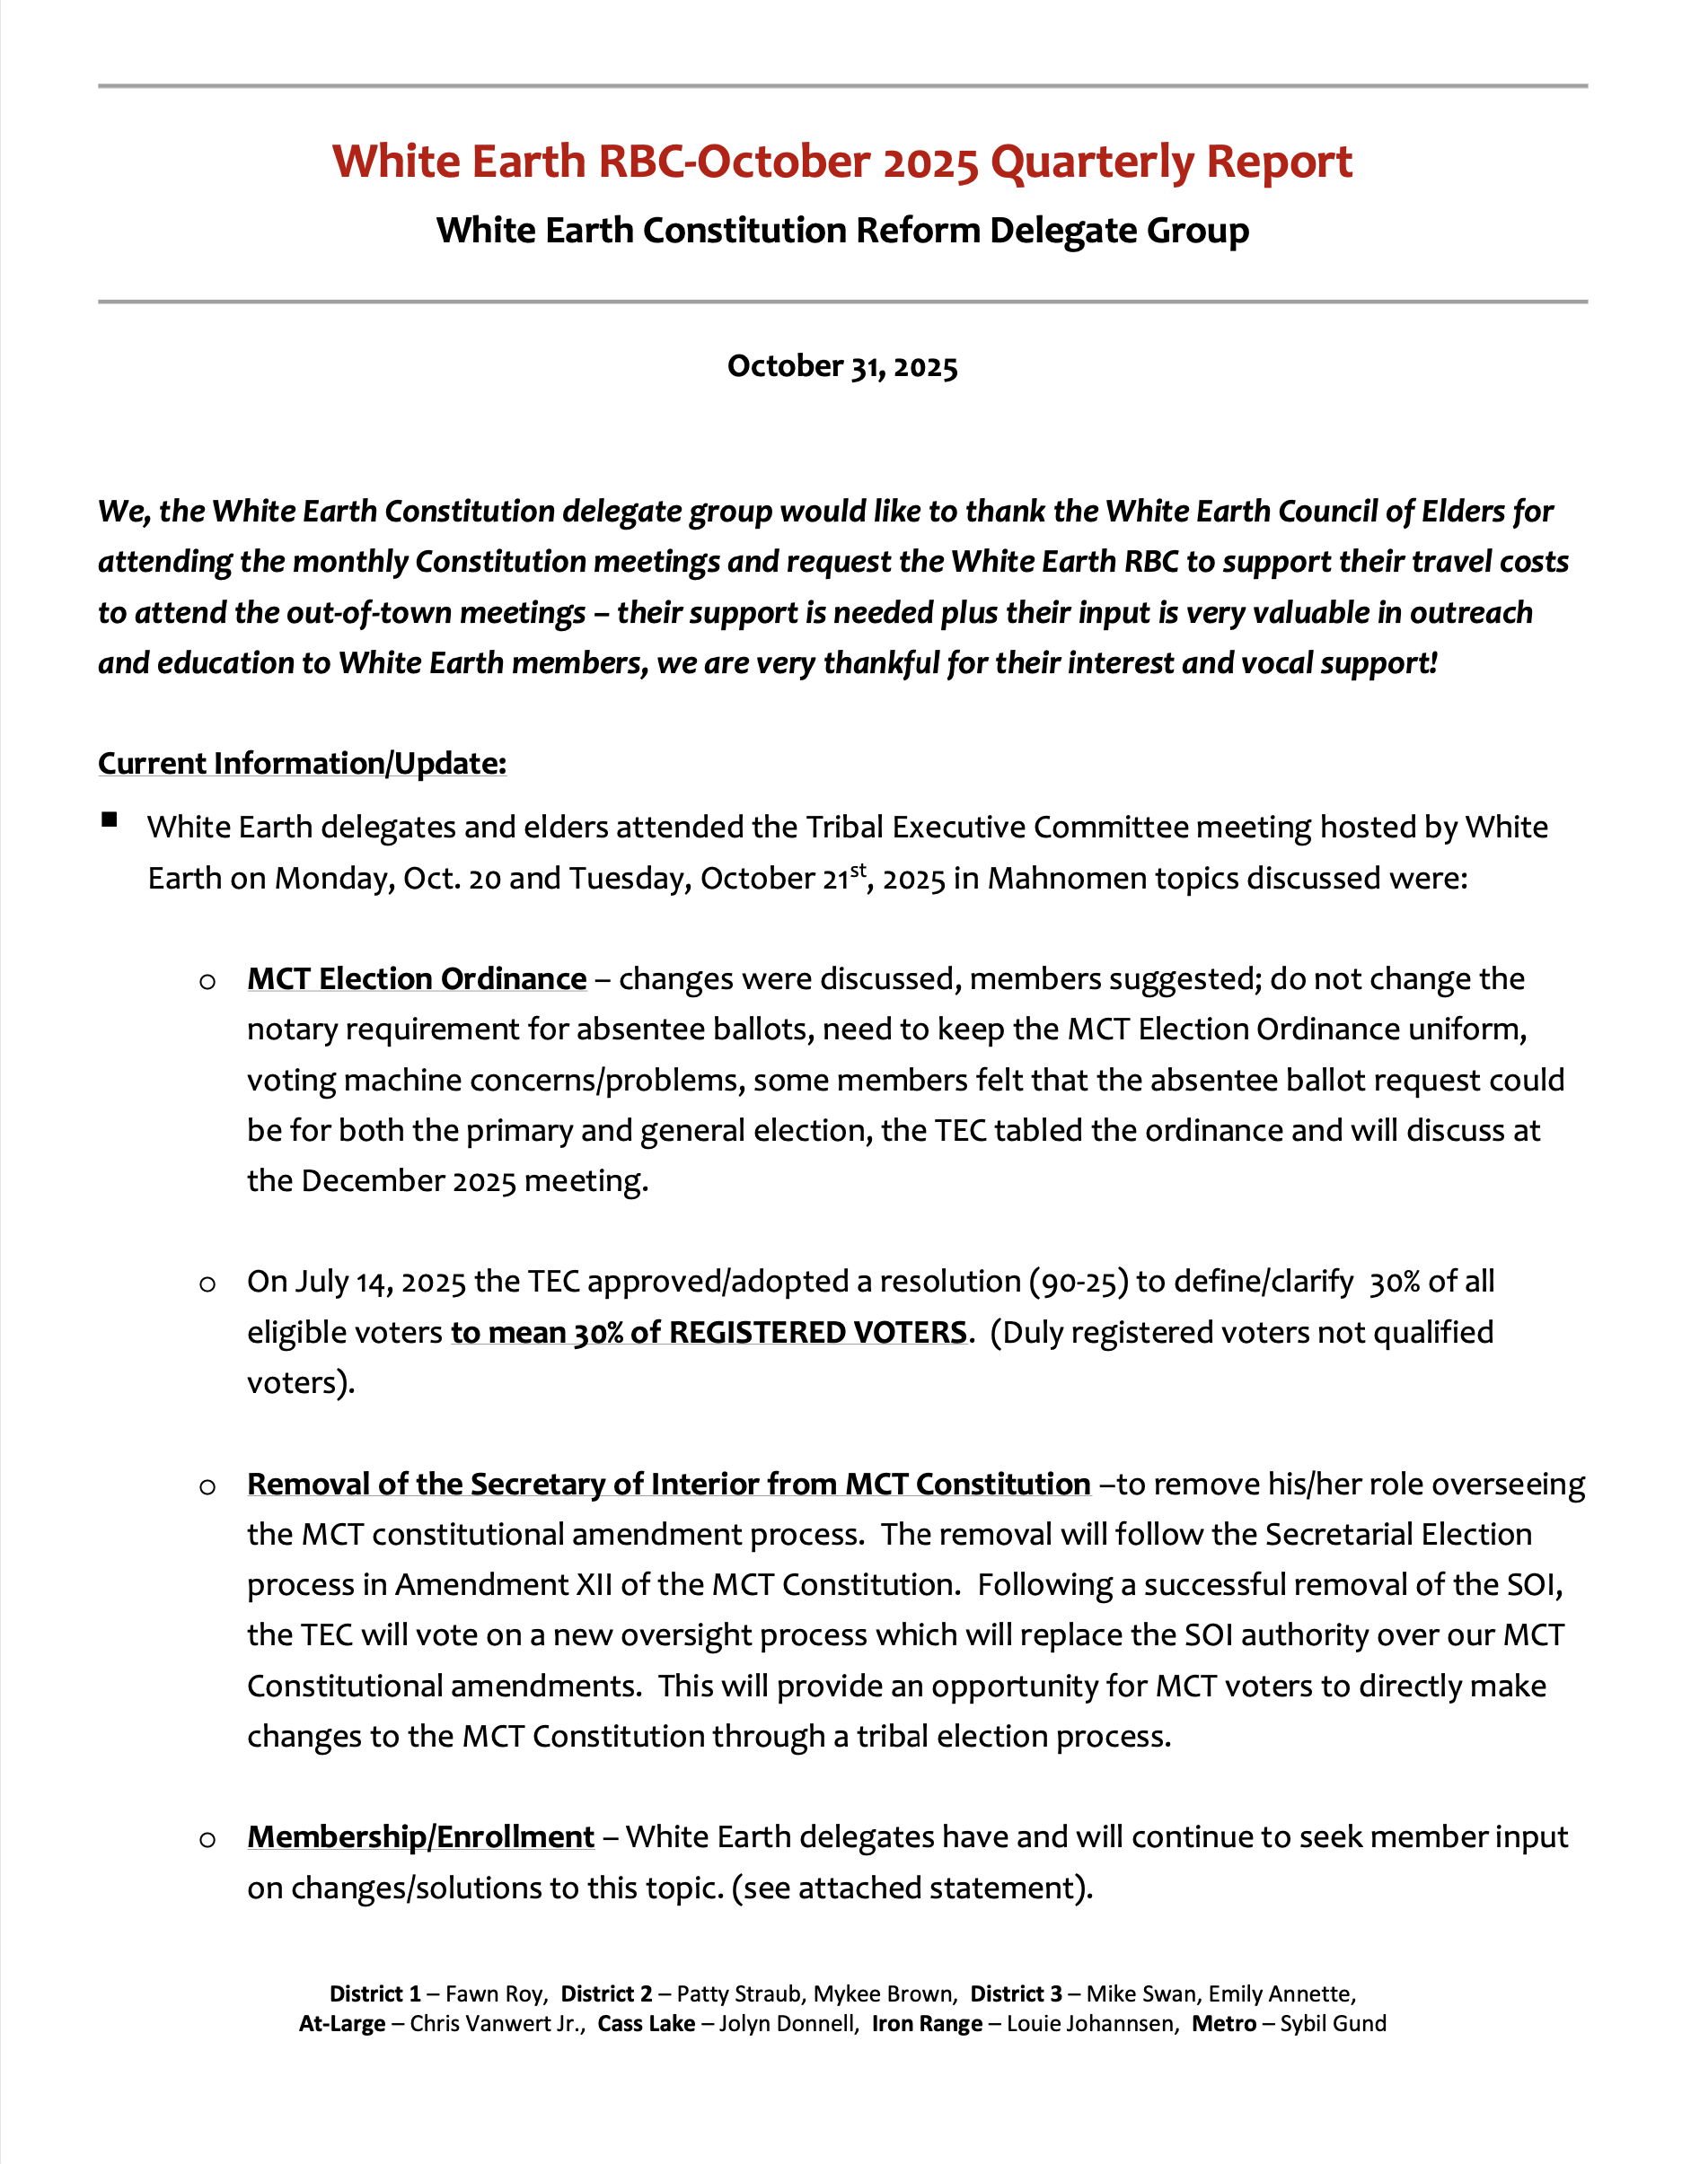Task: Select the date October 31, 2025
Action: coord(841,366)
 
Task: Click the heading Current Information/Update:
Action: coord(302,763)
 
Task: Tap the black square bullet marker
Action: coord(109,819)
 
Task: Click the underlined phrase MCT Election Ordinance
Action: coord(417,978)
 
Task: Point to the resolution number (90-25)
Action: coord(1079,1281)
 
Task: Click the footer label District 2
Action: coord(606,1993)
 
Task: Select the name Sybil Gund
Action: coord(1332,2023)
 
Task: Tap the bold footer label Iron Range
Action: coord(927,2023)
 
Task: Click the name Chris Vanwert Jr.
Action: coord(497,2023)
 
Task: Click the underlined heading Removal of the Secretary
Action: coord(668,1484)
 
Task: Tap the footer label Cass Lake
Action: coord(647,2023)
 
